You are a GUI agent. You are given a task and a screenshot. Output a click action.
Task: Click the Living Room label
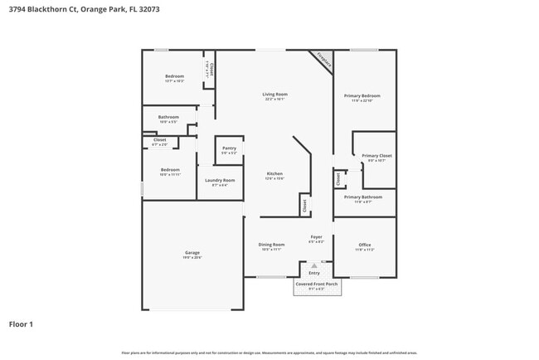[x=274, y=95]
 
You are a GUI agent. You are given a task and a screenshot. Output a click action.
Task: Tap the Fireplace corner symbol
[x=323, y=60]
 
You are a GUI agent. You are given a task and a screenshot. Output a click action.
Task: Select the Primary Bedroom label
[x=364, y=95]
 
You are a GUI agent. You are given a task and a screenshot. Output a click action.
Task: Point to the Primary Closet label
[x=376, y=156]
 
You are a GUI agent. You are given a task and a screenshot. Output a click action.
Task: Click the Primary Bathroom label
[x=364, y=197]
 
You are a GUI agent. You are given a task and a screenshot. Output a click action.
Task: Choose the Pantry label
[x=229, y=148]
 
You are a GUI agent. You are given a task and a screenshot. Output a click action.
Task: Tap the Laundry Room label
[x=220, y=180]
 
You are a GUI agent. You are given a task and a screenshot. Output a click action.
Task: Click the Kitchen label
[x=274, y=174]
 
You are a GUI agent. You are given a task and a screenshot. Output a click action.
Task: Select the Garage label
[x=192, y=252]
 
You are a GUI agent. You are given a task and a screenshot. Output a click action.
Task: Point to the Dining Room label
[x=271, y=245]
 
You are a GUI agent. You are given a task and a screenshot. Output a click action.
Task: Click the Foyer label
[x=316, y=237]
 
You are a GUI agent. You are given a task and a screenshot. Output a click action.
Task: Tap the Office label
[x=364, y=245]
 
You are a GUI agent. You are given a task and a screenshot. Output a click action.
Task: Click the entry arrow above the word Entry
[x=314, y=265]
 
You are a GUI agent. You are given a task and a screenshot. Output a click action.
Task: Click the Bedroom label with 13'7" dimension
[x=174, y=76]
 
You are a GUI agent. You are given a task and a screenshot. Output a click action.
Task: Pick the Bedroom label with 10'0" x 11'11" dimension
[x=170, y=170]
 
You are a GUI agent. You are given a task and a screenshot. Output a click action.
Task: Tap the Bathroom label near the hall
[x=169, y=117]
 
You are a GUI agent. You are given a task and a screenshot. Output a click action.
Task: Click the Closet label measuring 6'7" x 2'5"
[x=160, y=139]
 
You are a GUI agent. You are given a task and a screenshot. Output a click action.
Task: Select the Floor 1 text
[x=21, y=324]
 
